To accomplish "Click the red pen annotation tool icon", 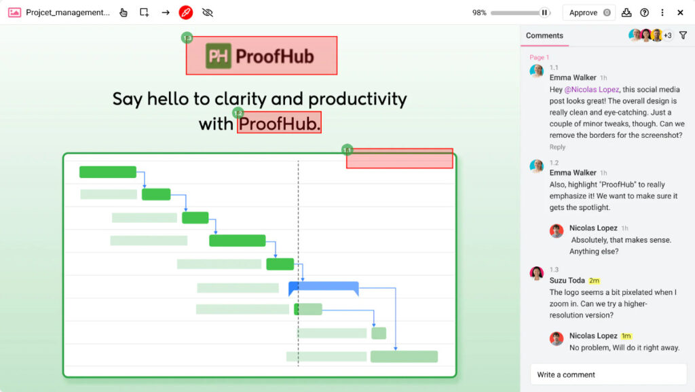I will click(x=186, y=12).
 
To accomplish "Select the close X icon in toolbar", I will click(x=681, y=12).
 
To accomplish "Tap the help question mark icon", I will click(x=644, y=12).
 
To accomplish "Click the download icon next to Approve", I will click(x=626, y=12).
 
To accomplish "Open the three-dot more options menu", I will click(x=662, y=12).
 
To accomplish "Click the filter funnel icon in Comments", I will click(x=683, y=35).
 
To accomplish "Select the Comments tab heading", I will click(x=544, y=35).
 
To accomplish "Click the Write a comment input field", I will click(x=608, y=374).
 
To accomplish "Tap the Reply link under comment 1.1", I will click(x=557, y=147).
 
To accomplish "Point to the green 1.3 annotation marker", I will click(x=187, y=38).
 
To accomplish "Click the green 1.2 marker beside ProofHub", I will click(x=238, y=113).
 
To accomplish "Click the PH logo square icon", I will click(x=219, y=56).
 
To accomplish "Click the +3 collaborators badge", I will click(x=668, y=35).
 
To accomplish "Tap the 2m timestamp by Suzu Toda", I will click(x=595, y=281).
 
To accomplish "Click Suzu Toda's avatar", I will click(x=537, y=273).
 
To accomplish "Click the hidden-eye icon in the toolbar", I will click(x=208, y=12).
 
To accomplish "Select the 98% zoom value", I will click(x=479, y=12).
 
